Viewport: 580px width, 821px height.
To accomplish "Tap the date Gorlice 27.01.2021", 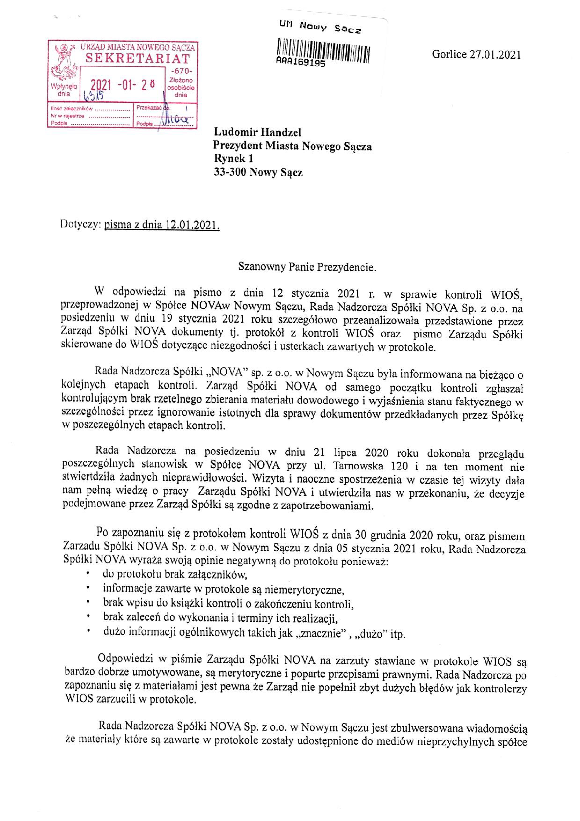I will point(476,54).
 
